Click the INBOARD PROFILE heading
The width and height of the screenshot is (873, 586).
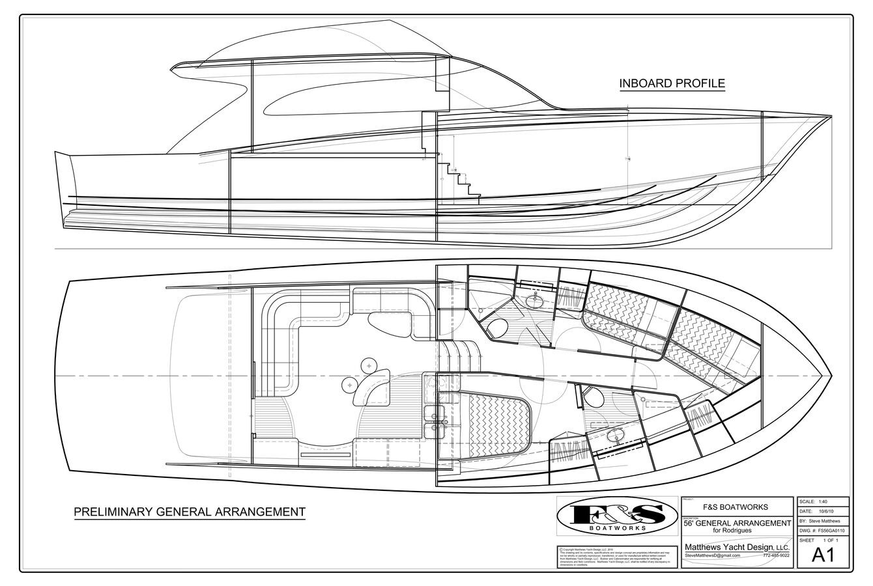click(x=672, y=83)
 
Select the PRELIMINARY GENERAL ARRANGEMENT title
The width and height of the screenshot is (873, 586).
click(x=190, y=512)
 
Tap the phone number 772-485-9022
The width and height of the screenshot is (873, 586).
click(x=775, y=555)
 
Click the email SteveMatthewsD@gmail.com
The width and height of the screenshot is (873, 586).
click(x=711, y=555)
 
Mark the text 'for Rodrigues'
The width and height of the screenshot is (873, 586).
click(x=736, y=529)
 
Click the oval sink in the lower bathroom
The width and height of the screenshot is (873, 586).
click(x=612, y=436)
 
